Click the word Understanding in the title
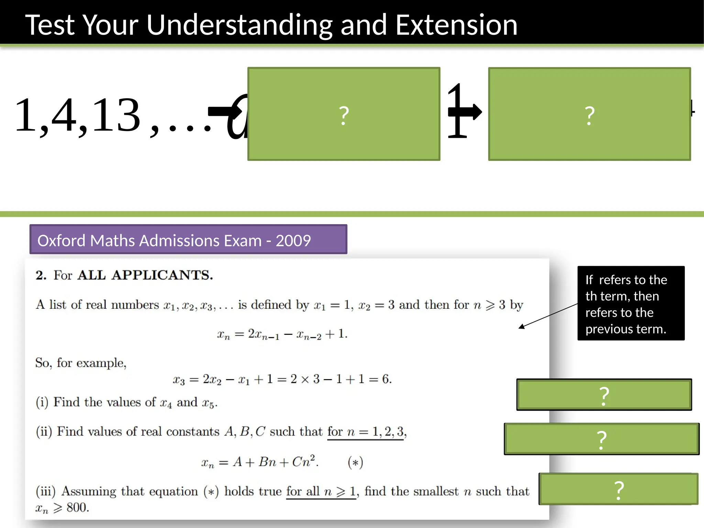[x=239, y=25]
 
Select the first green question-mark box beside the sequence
[x=344, y=114]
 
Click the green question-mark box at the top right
[x=589, y=114]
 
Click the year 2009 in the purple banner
[x=293, y=240]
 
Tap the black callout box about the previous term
[x=631, y=303]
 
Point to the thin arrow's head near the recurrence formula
[x=521, y=327]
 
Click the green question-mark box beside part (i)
[x=604, y=395]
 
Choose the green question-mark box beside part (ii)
[x=602, y=439]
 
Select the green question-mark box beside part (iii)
[x=618, y=489]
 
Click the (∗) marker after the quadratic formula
[x=355, y=462]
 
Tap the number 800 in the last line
[x=78, y=507]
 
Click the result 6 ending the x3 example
[x=385, y=379]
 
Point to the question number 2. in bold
[x=41, y=275]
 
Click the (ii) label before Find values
[x=44, y=431]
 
